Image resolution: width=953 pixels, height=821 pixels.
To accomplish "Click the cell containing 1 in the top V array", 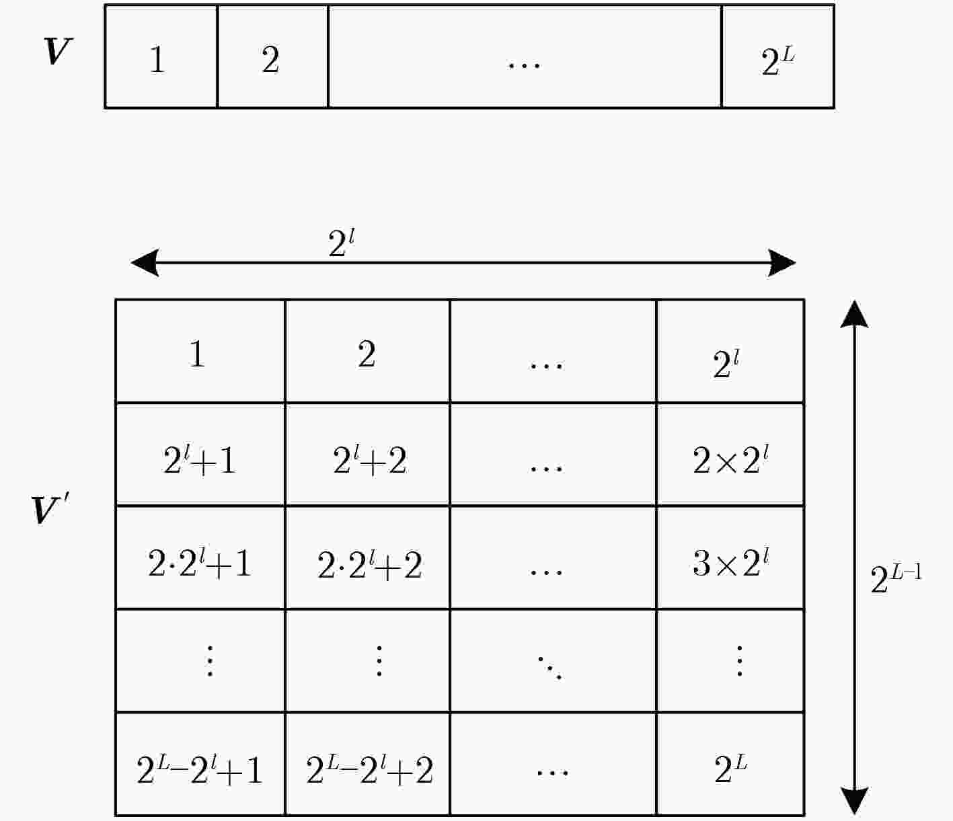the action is [161, 56].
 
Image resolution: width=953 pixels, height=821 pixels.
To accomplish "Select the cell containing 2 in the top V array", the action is [272, 56].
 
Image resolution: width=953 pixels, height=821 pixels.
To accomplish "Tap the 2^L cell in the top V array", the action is [778, 56].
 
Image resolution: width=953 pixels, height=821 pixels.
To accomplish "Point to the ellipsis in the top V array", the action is [524, 65].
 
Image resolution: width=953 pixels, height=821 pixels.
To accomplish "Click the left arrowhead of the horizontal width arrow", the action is [145, 263].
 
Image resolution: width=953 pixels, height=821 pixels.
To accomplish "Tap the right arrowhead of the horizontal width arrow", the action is [782, 263].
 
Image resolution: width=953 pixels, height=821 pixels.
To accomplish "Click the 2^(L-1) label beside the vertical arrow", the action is [896, 580].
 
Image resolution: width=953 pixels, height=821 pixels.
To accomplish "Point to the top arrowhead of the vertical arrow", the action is [854, 315].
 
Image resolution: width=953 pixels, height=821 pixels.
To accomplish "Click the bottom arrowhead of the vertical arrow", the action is [854, 801].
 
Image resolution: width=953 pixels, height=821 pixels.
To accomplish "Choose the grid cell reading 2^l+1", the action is [200, 455].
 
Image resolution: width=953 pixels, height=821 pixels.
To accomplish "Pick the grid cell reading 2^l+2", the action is [367, 455].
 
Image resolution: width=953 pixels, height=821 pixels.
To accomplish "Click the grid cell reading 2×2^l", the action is [730, 455].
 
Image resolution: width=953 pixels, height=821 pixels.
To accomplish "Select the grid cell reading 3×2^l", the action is [730, 558].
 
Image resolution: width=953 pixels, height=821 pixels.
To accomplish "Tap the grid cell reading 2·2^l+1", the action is [200, 558].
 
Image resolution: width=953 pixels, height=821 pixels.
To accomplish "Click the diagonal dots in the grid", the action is [549, 668].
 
